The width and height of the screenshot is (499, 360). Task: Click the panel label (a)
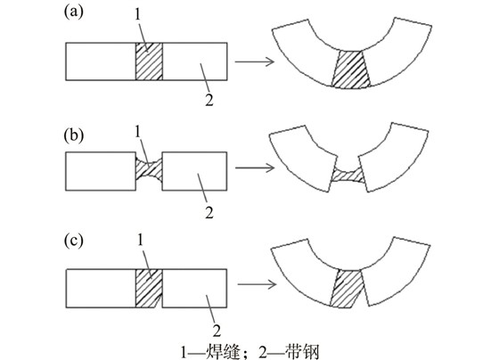[73, 12]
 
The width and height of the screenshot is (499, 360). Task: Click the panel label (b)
[74, 135]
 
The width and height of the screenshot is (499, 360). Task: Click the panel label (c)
[73, 241]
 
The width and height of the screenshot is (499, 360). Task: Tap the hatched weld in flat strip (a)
[150, 61]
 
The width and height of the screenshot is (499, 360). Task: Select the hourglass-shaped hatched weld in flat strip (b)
[150, 171]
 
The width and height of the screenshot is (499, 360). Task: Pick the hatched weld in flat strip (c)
[149, 288]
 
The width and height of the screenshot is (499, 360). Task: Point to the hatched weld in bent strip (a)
[351, 69]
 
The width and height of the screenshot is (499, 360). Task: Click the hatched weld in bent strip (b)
[348, 176]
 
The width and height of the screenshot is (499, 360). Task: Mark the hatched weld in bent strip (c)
[347, 289]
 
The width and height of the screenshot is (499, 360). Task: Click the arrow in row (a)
[255, 61]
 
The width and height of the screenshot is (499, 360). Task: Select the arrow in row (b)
[255, 168]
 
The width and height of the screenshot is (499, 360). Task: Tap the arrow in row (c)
[257, 284]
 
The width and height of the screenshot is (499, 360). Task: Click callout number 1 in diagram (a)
[137, 14]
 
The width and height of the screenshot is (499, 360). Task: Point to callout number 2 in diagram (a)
[209, 100]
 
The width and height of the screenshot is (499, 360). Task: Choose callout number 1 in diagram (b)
[137, 132]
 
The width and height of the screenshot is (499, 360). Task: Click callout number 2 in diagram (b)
[209, 213]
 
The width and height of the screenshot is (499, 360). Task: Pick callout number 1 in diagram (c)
[141, 241]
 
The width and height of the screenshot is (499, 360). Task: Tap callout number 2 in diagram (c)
[217, 331]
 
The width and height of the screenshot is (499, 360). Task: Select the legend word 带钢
[302, 352]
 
